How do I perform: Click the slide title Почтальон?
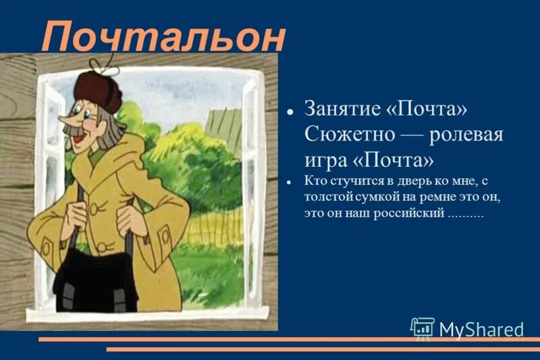click(163, 38)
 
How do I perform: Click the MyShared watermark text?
click(481, 330)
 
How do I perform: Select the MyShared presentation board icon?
click(423, 329)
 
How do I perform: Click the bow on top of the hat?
click(105, 64)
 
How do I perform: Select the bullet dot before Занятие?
click(289, 109)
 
